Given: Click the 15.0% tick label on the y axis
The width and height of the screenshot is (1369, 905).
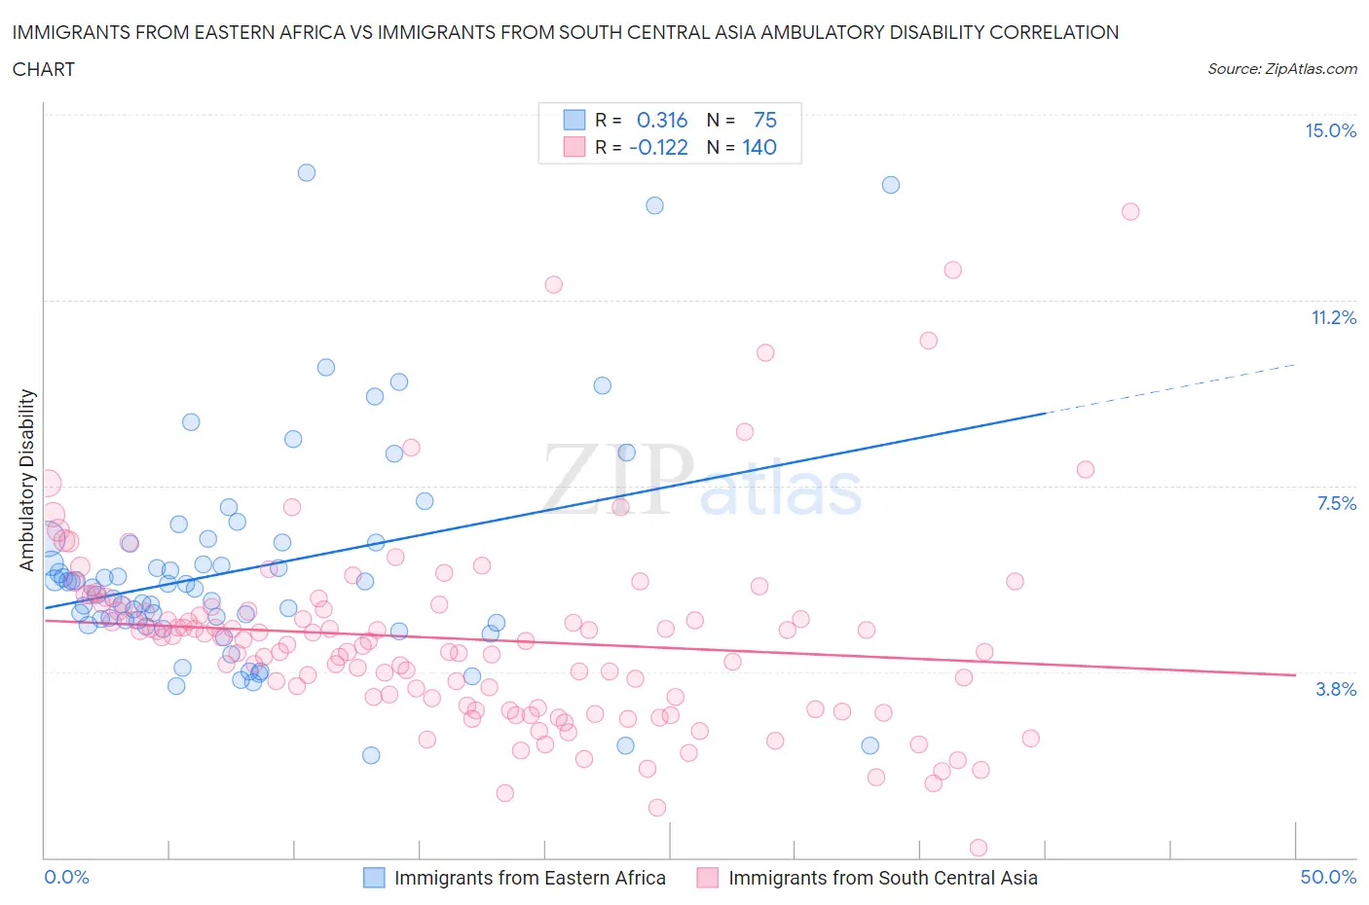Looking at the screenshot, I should tap(1330, 131).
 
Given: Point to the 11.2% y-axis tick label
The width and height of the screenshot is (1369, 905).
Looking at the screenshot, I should tap(1333, 317).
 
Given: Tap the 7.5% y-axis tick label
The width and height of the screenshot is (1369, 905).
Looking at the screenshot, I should tap(1336, 503).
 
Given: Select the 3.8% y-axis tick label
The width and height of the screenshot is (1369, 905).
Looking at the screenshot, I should tap(1336, 689).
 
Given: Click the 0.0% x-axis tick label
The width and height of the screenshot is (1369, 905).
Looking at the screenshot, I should tap(66, 877).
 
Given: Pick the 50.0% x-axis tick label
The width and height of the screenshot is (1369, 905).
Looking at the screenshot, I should tap(1328, 877).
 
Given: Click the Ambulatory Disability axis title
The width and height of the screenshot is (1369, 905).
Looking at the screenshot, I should tap(27, 480).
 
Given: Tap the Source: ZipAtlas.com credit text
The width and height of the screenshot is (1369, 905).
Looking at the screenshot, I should tap(1281, 69).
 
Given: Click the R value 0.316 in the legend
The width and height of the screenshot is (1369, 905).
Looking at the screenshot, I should tap(661, 120).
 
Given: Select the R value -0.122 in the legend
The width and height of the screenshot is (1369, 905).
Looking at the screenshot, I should tap(658, 147).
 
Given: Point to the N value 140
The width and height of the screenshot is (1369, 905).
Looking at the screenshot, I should tap(759, 147).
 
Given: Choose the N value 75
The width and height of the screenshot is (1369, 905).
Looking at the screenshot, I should tap(765, 120).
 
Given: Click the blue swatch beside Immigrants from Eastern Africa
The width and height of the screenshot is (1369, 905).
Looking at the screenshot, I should tap(374, 878).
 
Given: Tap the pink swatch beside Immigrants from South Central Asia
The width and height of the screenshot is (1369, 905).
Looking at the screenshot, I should tap(708, 878).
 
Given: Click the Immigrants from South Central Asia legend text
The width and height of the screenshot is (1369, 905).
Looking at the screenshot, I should tap(882, 878).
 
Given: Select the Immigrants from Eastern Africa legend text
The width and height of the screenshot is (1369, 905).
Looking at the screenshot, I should tap(530, 878).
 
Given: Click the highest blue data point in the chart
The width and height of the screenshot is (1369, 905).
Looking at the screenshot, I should tap(307, 172).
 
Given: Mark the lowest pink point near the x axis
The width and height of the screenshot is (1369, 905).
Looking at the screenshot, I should tap(979, 848).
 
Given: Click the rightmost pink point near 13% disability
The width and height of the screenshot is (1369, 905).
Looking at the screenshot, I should tap(1130, 211).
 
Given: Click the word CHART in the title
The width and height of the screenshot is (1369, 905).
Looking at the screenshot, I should tap(44, 69).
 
